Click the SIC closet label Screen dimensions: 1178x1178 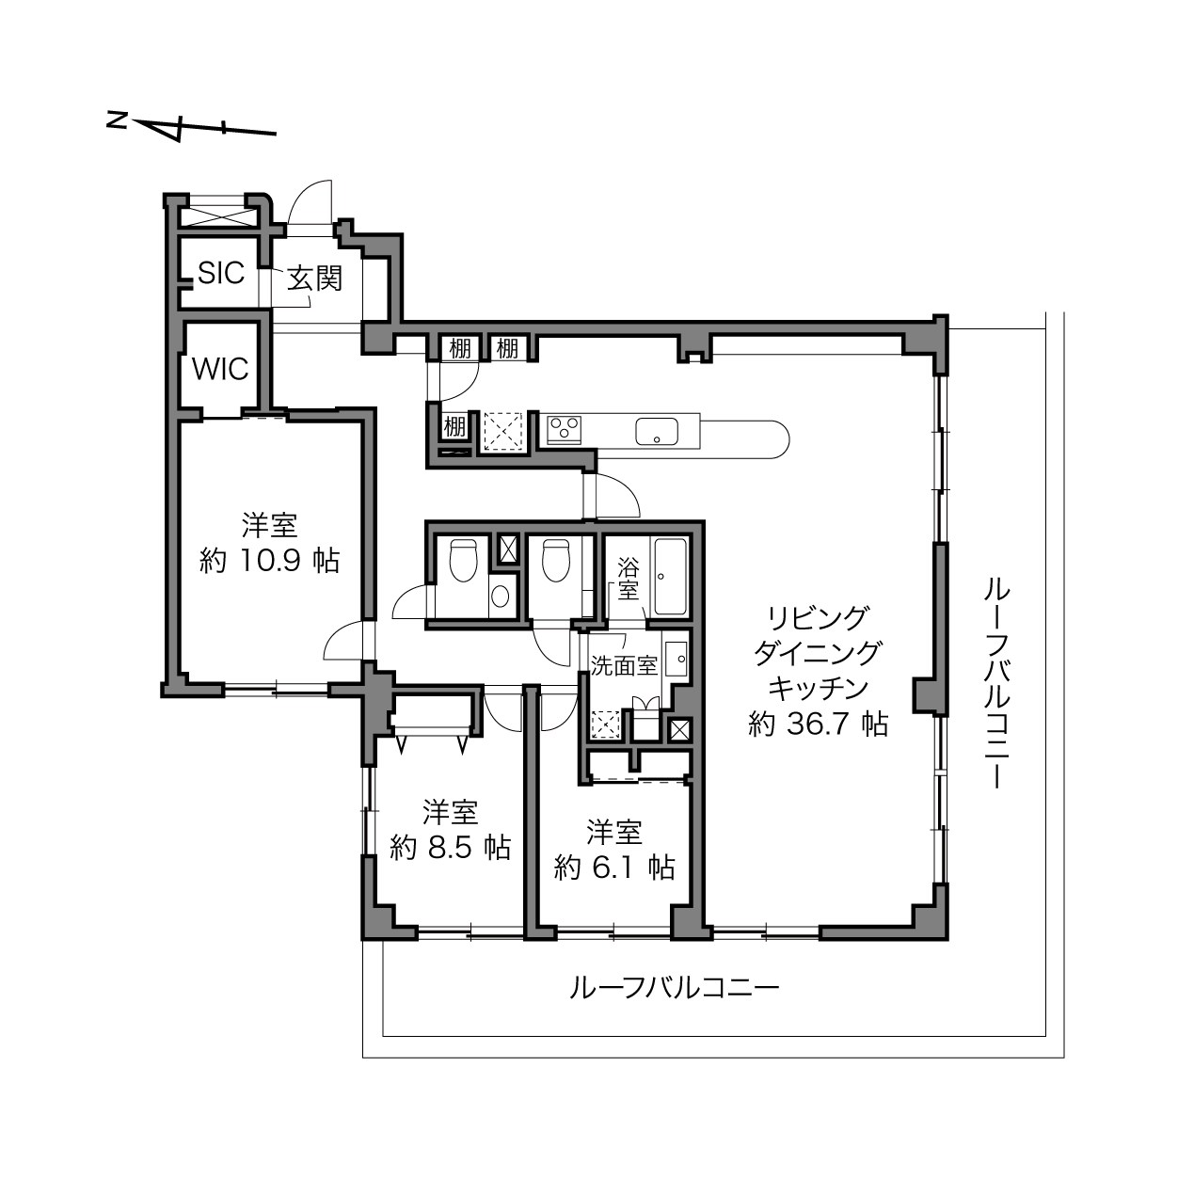[x=221, y=273]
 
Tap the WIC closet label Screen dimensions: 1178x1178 [x=220, y=369]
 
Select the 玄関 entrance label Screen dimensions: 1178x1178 [x=315, y=279]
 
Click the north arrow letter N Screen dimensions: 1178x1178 [x=116, y=119]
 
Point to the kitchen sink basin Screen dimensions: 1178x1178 [x=656, y=432]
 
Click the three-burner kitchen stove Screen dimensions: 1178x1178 [x=564, y=428]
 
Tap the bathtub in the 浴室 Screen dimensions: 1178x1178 [x=670, y=577]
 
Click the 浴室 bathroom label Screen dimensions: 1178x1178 [x=628, y=579]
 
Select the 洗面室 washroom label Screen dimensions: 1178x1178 [x=624, y=666]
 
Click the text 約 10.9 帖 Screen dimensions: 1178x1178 [x=270, y=560]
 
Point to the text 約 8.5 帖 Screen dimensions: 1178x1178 [x=450, y=848]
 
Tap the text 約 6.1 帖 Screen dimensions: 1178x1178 [x=614, y=867]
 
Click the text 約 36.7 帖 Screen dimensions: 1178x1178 [x=818, y=724]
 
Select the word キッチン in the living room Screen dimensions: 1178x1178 [x=818, y=689]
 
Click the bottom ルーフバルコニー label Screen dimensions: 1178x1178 [x=675, y=987]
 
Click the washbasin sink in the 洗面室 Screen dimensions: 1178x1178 [x=677, y=659]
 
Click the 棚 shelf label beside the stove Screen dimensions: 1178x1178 [x=454, y=426]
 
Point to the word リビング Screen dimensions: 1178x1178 [x=818, y=618]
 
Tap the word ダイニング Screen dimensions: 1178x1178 [x=818, y=654]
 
